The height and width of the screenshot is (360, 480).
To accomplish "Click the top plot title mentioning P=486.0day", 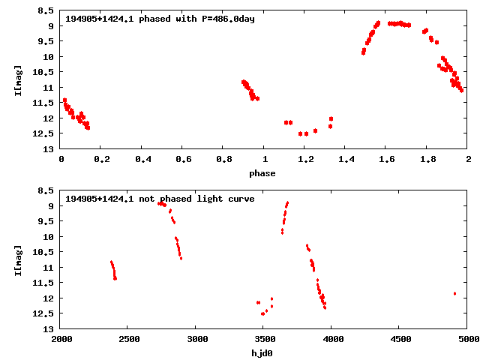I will (160, 19).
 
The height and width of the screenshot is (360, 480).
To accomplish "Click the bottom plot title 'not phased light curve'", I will (160, 199).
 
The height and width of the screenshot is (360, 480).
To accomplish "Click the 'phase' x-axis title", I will (262, 173).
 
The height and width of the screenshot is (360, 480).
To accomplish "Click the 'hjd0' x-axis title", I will (262, 353).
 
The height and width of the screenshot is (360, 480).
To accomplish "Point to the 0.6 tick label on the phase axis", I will (183, 158).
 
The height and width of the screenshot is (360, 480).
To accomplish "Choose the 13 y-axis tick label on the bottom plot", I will (49, 329).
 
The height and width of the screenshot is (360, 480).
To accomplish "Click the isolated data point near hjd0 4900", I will (454, 293).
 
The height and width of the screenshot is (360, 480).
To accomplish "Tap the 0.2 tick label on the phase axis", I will (101, 158).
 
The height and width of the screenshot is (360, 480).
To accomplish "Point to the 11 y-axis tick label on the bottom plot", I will (49, 268).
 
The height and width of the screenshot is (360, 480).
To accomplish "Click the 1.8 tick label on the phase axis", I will (427, 158).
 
